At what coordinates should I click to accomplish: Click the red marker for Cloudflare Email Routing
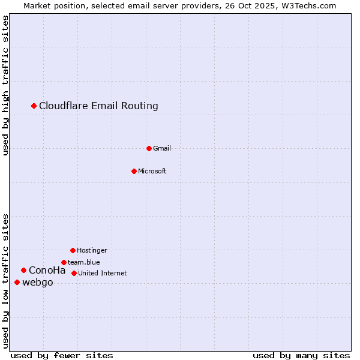(34, 106)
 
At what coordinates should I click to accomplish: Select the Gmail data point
(149, 148)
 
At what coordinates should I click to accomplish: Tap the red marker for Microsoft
(134, 171)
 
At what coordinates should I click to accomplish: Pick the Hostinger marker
(73, 250)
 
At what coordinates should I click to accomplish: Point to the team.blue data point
(64, 262)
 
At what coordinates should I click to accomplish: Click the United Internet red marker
(74, 273)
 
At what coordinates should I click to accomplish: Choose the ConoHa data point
(23, 270)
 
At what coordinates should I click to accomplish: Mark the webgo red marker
(17, 282)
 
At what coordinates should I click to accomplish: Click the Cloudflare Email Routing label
(98, 106)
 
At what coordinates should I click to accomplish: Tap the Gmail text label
(162, 149)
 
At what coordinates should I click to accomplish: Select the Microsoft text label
(152, 172)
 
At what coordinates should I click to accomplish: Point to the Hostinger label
(92, 251)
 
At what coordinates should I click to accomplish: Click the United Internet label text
(102, 274)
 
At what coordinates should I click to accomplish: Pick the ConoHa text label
(47, 271)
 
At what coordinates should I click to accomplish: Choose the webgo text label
(37, 283)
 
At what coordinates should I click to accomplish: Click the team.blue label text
(83, 263)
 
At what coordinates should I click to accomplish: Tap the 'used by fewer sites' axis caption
(61, 355)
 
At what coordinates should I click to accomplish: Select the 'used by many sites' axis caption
(301, 355)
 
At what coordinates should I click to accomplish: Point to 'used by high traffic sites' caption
(5, 85)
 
